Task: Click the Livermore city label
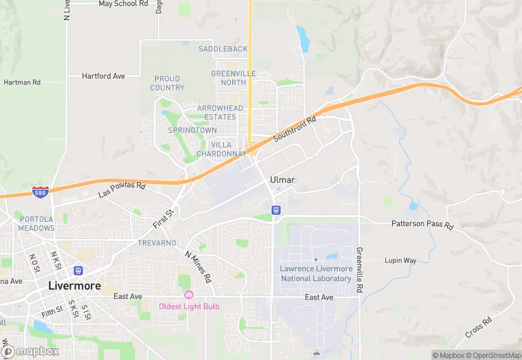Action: click(x=74, y=285)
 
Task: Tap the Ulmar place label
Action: click(x=282, y=180)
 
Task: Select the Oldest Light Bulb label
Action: click(x=189, y=306)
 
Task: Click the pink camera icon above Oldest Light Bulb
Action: click(x=189, y=295)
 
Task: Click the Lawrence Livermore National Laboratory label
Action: click(x=316, y=273)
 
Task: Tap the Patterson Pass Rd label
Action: click(x=422, y=225)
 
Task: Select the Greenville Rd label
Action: click(x=359, y=271)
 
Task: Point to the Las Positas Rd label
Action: click(x=122, y=190)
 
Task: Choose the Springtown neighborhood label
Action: click(x=193, y=130)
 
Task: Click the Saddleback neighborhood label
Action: click(x=223, y=49)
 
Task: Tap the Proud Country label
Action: click(x=168, y=83)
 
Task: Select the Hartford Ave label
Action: click(x=103, y=76)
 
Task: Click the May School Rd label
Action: click(x=124, y=4)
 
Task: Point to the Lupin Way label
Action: click(x=420, y=260)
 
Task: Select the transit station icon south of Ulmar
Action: click(x=275, y=210)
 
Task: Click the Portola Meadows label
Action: click(x=36, y=223)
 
